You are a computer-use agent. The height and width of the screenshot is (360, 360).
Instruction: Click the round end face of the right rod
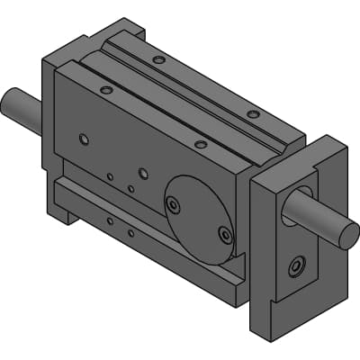347,236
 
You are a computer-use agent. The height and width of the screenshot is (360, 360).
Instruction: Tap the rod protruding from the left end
20,108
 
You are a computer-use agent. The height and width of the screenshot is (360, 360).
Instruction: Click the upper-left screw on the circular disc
173,205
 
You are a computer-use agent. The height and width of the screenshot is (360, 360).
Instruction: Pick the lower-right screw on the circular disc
225,235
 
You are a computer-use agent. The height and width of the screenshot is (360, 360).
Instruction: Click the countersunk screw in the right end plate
296,267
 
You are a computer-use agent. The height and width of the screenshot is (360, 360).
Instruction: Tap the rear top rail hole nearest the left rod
158,60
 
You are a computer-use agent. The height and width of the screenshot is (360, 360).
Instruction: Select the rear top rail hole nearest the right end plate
253,114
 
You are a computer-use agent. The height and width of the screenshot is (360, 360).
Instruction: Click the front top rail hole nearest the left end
106,90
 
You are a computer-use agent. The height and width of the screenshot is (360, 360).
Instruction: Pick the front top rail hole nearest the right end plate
200,144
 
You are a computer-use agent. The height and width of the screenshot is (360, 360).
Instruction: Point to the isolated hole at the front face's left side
84,139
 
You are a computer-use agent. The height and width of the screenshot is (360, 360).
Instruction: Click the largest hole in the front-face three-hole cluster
142,172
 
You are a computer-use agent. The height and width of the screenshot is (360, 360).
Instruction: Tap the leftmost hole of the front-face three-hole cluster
110,176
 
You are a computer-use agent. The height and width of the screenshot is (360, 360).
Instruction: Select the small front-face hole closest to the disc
130,188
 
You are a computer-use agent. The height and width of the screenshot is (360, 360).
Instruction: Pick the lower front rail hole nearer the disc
130,232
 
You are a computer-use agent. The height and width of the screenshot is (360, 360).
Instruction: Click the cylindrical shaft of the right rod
315,216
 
